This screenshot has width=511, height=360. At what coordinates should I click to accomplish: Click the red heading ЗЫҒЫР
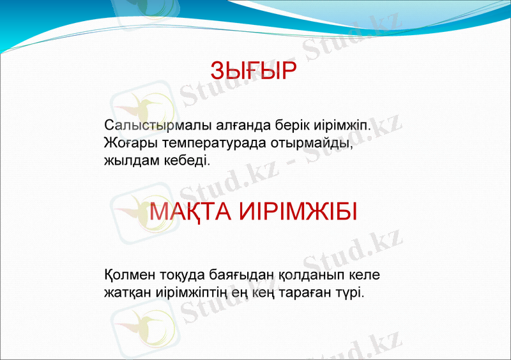pos(254,71)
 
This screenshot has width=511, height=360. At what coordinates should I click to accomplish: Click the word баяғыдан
pos(243,276)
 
